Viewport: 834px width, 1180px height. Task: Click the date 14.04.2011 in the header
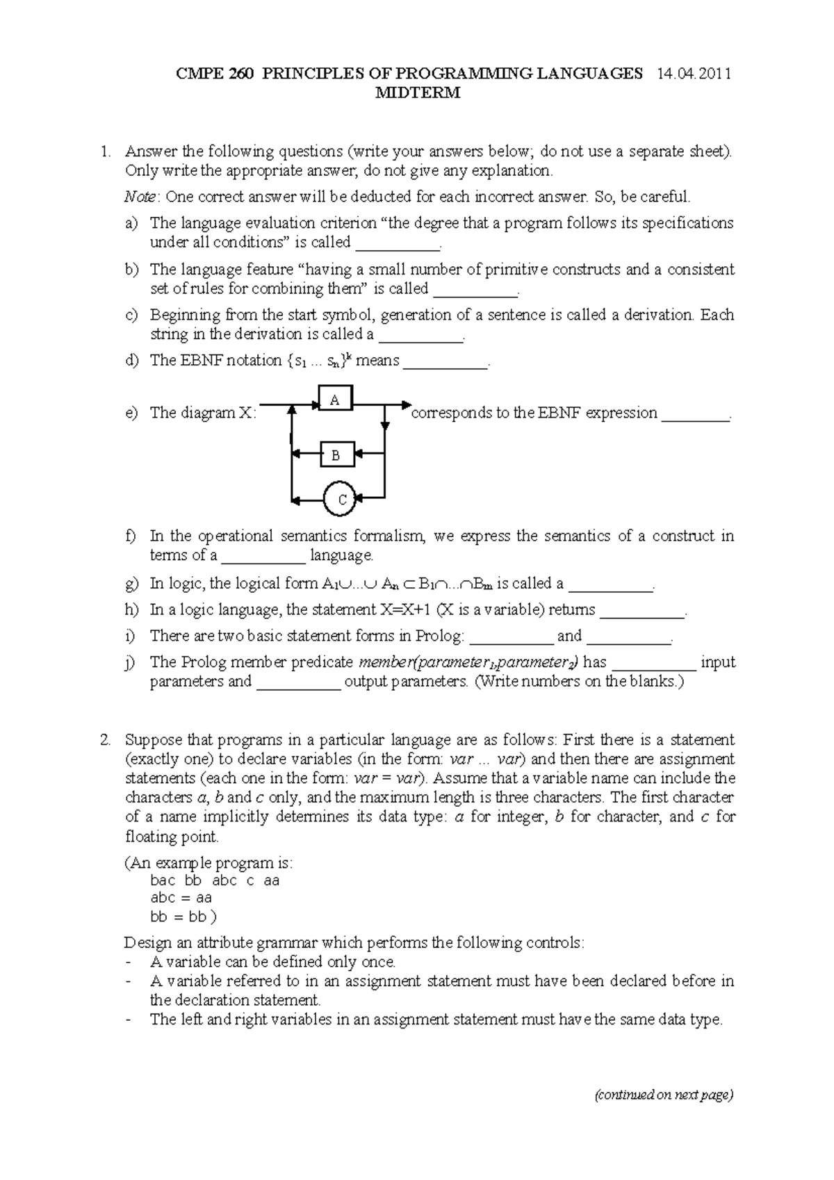[x=693, y=74]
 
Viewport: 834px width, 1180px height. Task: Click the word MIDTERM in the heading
[x=418, y=94]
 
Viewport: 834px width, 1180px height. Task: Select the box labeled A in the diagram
[x=335, y=400]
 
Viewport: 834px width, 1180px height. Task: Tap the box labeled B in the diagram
[x=336, y=455]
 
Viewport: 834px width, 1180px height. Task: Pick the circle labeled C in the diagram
[x=341, y=499]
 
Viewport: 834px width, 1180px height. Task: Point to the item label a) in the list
[x=132, y=223]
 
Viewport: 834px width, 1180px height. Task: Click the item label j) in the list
[x=131, y=662]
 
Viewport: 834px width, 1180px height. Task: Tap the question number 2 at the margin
[x=105, y=739]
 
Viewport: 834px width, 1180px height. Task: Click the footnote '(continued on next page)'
[x=663, y=1095]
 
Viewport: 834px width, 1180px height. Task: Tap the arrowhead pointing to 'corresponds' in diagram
[x=407, y=404]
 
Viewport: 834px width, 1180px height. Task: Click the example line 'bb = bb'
[x=179, y=917]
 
